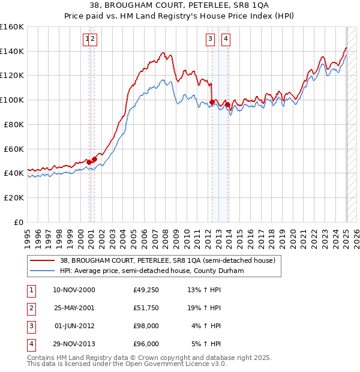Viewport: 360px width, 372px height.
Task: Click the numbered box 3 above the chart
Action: tap(211, 40)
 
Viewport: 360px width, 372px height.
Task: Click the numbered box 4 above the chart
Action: tap(226, 40)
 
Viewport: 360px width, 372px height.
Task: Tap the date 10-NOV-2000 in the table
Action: tap(74, 290)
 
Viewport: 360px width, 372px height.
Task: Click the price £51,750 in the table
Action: tap(146, 308)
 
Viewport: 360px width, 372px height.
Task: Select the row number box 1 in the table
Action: tap(30, 290)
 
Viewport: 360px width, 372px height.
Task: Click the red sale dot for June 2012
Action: tap(212, 103)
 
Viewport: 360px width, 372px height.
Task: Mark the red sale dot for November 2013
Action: tap(227, 105)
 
